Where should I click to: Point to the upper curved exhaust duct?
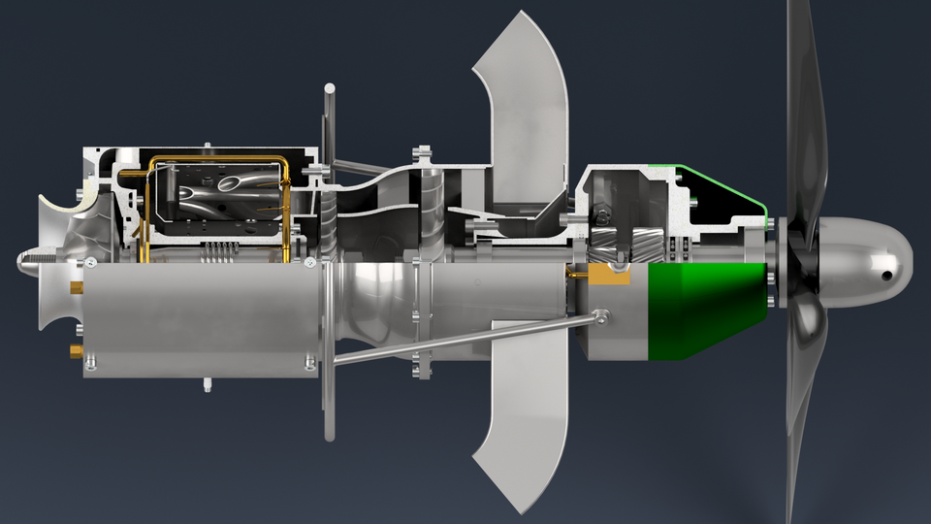coord(524,107)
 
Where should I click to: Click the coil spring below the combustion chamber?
coord(218,254)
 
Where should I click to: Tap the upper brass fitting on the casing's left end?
coord(76,288)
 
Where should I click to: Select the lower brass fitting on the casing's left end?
coord(76,349)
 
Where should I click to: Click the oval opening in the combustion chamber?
coord(236,183)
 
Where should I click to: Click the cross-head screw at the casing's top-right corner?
coord(309,262)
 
